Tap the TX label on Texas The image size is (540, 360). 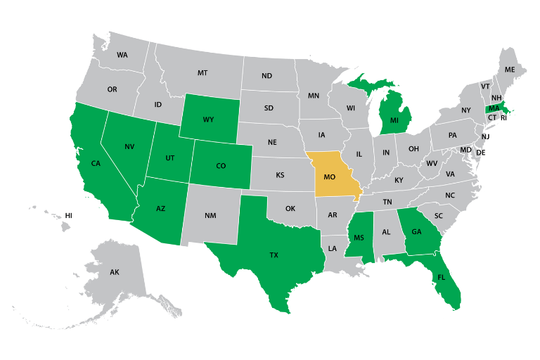coord(274,255)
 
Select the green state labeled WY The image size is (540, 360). coord(208,120)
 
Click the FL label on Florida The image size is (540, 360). coord(441,277)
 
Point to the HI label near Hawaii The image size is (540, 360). coord(69,215)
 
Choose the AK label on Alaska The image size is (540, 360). coord(115,271)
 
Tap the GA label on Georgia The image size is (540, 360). coord(416,231)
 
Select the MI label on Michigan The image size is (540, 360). coord(394,120)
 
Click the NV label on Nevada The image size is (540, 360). coord(129,146)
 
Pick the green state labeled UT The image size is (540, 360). coord(169,158)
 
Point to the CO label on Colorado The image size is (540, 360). coord(221,166)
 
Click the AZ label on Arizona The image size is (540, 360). coord(160,209)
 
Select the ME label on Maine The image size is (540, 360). coord(510,70)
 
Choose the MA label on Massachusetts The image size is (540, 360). coord(494,108)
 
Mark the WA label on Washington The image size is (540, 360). coord(122,55)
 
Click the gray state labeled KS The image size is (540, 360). coord(279,174)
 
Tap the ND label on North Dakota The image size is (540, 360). coord(267,76)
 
